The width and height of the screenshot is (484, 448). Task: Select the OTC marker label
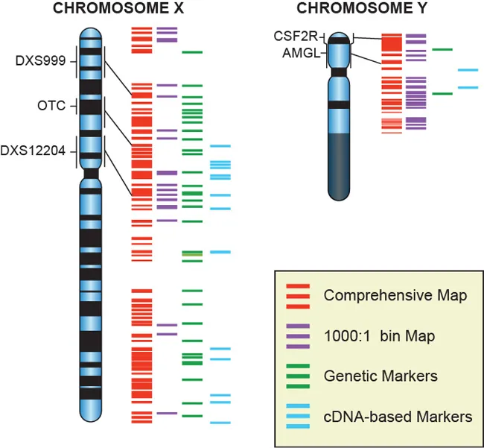52,106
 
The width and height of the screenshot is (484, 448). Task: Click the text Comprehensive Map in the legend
395,296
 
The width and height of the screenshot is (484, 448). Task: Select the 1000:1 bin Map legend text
379,337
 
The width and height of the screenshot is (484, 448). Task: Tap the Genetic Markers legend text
380,376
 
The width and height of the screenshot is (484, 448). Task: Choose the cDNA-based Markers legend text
398,417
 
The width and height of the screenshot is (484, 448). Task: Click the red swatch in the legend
299,296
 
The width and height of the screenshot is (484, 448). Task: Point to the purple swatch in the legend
299,336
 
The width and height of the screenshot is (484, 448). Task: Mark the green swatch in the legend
299,376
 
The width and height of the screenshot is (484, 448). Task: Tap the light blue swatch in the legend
299,416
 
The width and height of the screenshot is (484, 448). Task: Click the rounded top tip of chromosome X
90,31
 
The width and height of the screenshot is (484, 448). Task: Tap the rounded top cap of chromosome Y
340,37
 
